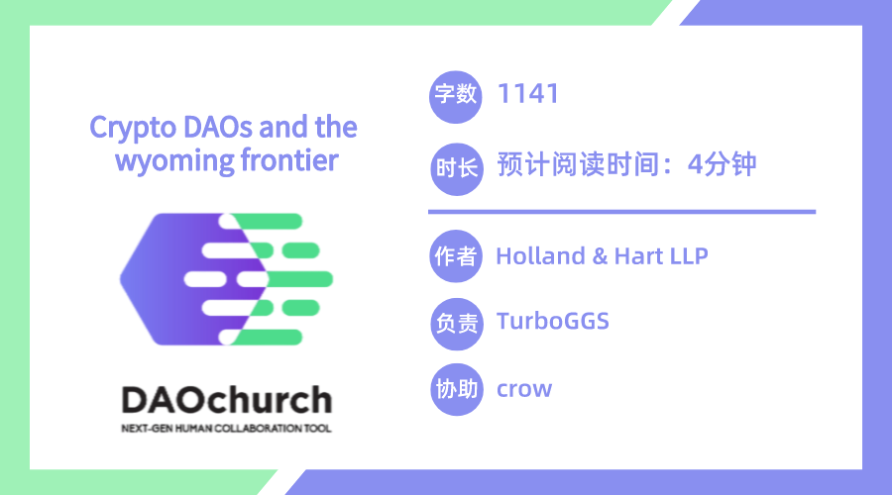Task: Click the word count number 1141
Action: (x=528, y=94)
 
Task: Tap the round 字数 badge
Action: (x=456, y=97)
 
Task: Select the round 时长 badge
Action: (x=456, y=168)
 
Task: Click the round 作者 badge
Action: (x=456, y=256)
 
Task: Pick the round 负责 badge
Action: (x=456, y=324)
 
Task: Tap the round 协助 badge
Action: (x=456, y=389)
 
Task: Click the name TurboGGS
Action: (x=553, y=321)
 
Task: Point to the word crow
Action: (x=524, y=389)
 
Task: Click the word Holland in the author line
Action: (x=540, y=256)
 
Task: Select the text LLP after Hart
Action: (x=690, y=256)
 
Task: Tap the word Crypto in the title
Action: (x=133, y=129)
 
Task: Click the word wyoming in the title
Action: (x=174, y=161)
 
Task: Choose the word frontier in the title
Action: (x=289, y=159)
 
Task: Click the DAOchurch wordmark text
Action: (x=226, y=400)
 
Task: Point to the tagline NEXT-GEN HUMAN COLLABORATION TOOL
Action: (x=226, y=429)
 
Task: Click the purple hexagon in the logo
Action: (x=170, y=279)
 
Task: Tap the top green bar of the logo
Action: (x=267, y=221)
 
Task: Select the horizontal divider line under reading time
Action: (x=621, y=212)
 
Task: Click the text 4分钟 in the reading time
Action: (x=722, y=164)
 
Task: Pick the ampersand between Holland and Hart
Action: (x=600, y=256)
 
